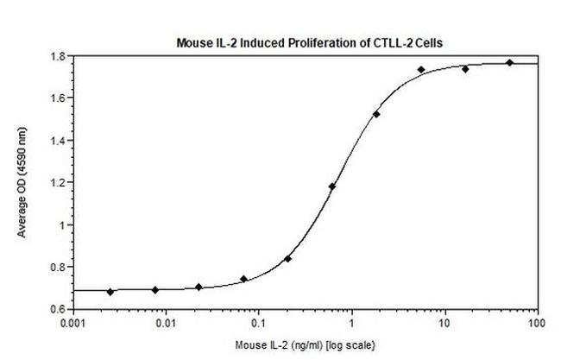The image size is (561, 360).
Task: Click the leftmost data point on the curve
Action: [x=110, y=292]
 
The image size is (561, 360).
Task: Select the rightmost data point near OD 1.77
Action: [x=509, y=62]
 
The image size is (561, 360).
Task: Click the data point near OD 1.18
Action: [x=332, y=186]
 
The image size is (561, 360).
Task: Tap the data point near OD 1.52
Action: [x=376, y=114]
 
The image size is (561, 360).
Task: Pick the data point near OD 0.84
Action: [x=287, y=258]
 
